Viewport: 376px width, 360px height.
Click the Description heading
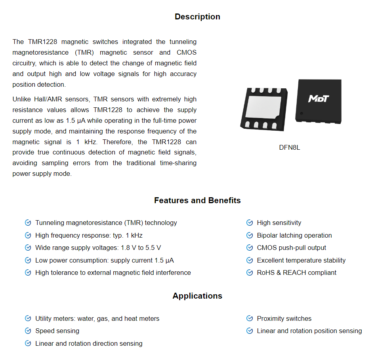(x=197, y=17)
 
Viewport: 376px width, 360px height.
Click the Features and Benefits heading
(x=197, y=200)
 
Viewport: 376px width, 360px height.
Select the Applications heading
(x=197, y=296)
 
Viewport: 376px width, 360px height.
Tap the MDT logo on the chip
(x=319, y=98)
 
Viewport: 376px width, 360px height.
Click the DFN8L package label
(x=290, y=148)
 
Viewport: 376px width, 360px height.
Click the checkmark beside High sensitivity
(x=250, y=223)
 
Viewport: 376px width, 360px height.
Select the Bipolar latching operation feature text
(x=294, y=235)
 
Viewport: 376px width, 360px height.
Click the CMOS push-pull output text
(x=291, y=248)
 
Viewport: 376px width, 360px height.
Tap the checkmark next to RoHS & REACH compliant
(x=250, y=272)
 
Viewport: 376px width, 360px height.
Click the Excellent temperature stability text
(x=301, y=260)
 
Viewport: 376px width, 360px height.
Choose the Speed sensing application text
(x=57, y=331)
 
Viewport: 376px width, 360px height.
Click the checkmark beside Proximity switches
(x=250, y=318)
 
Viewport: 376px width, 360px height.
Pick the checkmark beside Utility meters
(x=28, y=318)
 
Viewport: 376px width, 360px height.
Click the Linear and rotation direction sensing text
(x=89, y=343)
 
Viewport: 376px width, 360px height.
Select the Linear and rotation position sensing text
(x=309, y=331)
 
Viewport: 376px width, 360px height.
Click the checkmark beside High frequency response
(x=28, y=235)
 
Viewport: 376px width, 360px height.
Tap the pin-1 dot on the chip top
(x=302, y=114)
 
